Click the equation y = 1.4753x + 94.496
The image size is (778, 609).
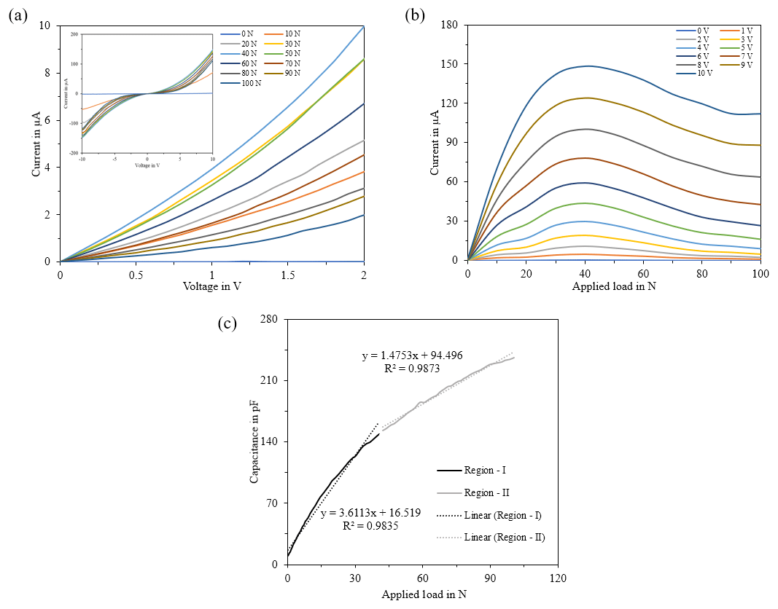coord(413,356)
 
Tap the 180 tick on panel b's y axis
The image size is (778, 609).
coord(448,25)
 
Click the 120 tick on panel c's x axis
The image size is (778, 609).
coord(558,578)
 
